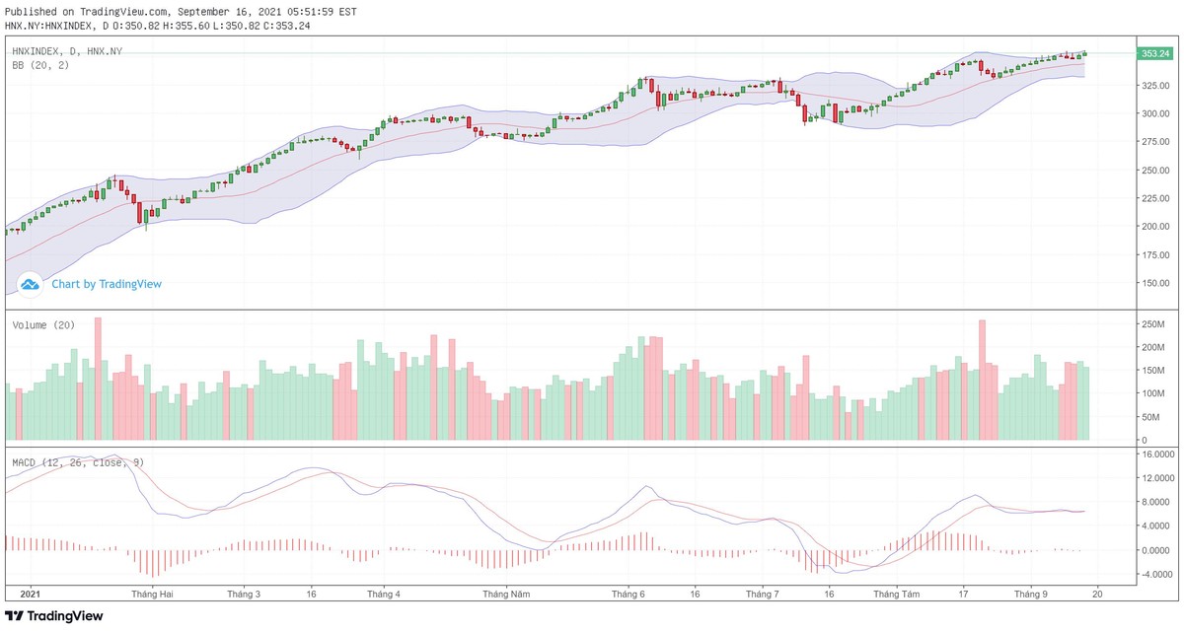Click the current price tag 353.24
coord(1153,53)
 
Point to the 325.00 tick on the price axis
coord(1153,86)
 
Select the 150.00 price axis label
coord(1153,283)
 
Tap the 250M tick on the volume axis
coord(1153,324)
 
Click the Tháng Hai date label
coord(152,595)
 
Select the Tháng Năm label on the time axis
coord(506,595)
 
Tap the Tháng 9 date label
coord(1031,595)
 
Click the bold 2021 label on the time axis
coord(31,595)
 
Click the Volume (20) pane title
coord(43,324)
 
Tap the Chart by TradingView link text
coord(107,284)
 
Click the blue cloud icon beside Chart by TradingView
coord(30,284)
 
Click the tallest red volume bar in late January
coord(98,380)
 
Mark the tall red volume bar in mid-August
coord(982,380)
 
